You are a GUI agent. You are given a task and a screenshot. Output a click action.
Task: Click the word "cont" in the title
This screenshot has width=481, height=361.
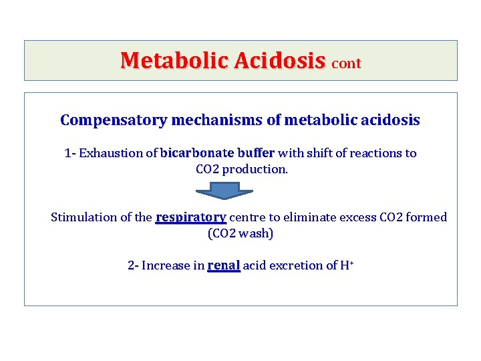tap(346, 63)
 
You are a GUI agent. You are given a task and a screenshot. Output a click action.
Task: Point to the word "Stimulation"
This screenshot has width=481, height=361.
tap(83, 217)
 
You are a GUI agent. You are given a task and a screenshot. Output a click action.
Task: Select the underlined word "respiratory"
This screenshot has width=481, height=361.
tap(190, 217)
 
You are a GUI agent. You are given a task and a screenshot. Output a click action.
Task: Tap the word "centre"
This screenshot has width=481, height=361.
tap(248, 217)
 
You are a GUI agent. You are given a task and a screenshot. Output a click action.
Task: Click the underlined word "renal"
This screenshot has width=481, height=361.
tap(223, 265)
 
